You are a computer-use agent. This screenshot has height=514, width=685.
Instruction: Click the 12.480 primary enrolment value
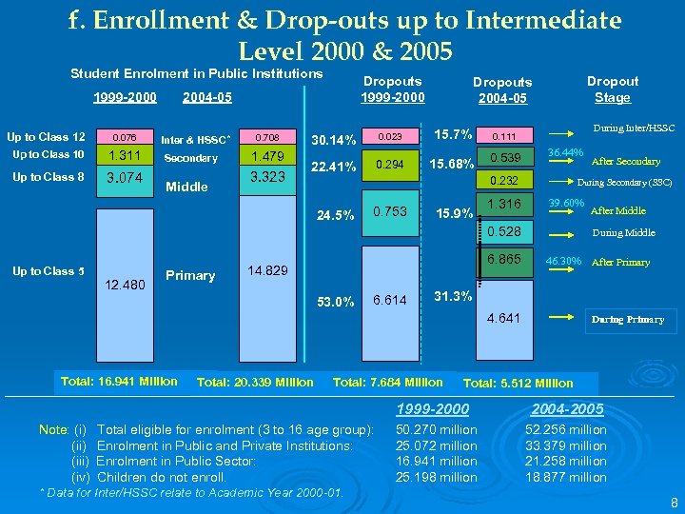coord(127,285)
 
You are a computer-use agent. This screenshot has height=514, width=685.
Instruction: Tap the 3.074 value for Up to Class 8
coord(125,177)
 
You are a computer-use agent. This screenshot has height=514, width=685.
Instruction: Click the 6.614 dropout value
coord(390,300)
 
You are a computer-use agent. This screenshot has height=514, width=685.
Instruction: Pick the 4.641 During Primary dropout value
coord(503,318)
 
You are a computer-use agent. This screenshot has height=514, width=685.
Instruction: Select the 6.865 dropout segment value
coord(503,259)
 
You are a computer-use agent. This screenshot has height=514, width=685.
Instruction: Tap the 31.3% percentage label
coord(452,295)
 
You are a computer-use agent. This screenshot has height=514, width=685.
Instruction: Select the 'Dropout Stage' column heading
coord(612,89)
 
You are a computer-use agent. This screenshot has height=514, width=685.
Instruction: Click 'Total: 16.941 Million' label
coord(118,381)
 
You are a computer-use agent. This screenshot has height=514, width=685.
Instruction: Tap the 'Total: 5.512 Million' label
coord(518,383)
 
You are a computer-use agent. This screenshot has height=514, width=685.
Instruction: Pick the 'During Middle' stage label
coord(623,231)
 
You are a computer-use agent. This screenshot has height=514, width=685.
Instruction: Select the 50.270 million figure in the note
coord(438,430)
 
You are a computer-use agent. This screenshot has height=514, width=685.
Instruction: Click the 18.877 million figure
coord(566,477)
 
